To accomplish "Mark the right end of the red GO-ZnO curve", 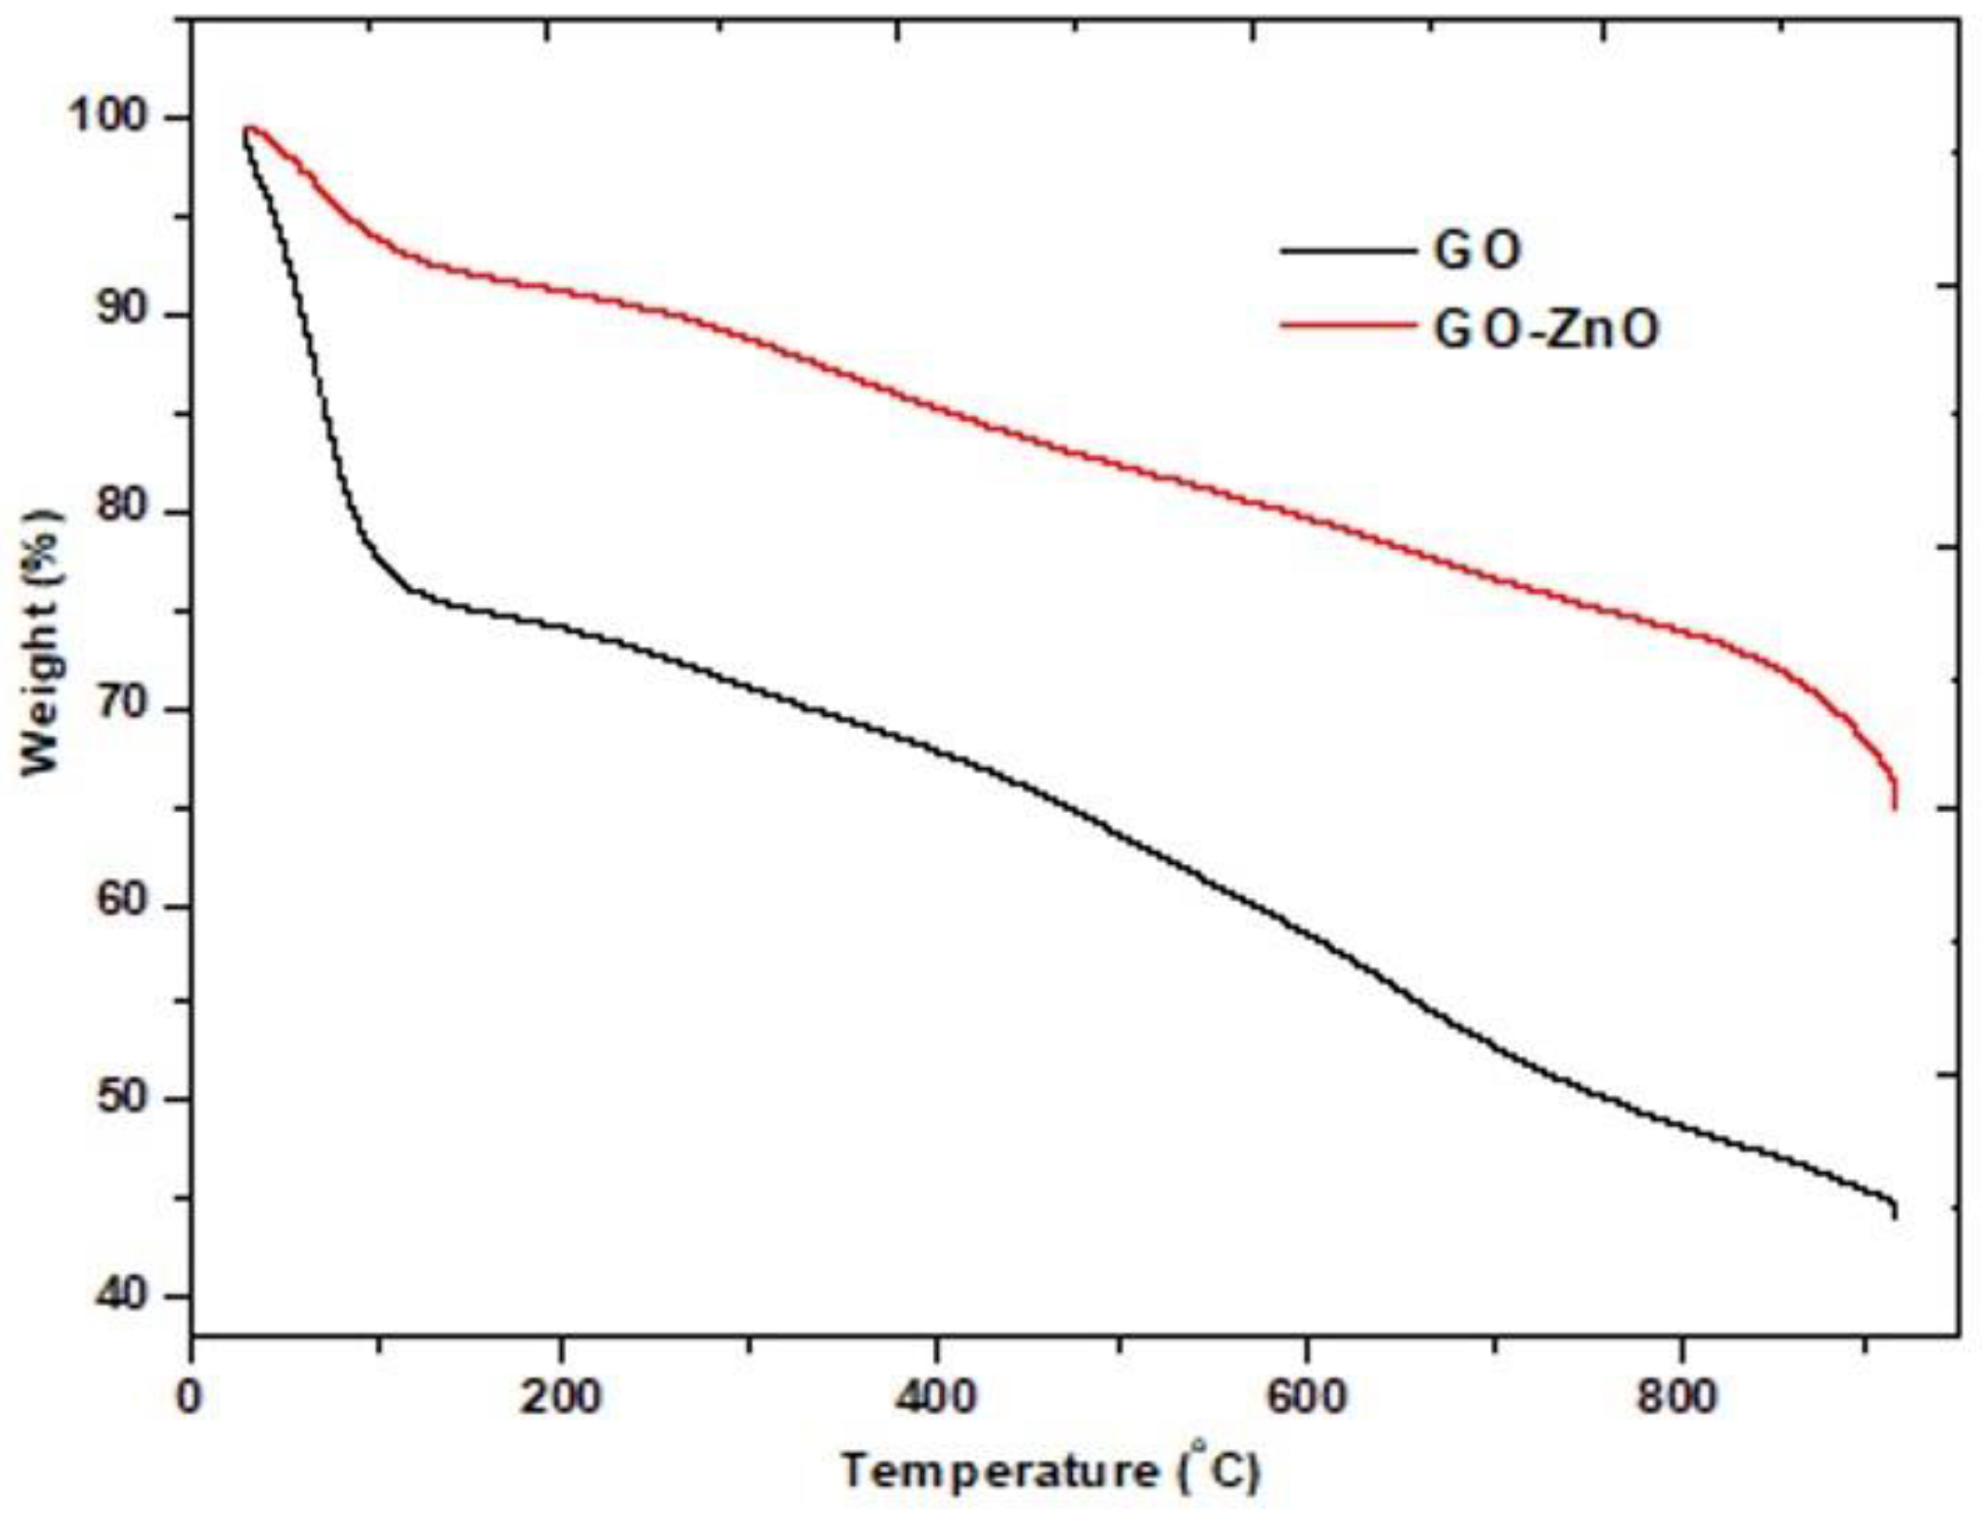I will click(1895, 807).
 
